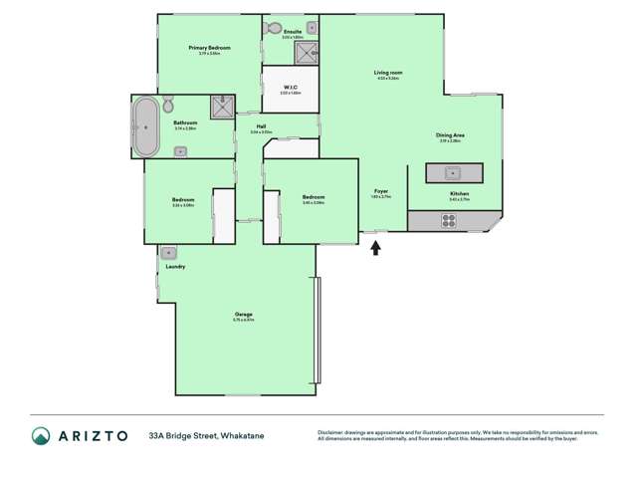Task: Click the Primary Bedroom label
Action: click(209, 48)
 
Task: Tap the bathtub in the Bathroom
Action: click(146, 126)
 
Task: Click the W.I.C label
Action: click(290, 88)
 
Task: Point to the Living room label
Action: click(388, 73)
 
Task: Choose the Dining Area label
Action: click(450, 135)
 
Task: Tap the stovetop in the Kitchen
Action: click(448, 221)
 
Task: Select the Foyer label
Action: click(380, 191)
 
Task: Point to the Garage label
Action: click(243, 315)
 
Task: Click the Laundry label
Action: click(175, 267)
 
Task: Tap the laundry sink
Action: click(168, 253)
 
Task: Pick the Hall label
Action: click(261, 126)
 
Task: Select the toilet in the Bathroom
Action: click(169, 105)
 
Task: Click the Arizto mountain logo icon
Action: click(41, 435)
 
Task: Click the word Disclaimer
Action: click(334, 432)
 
